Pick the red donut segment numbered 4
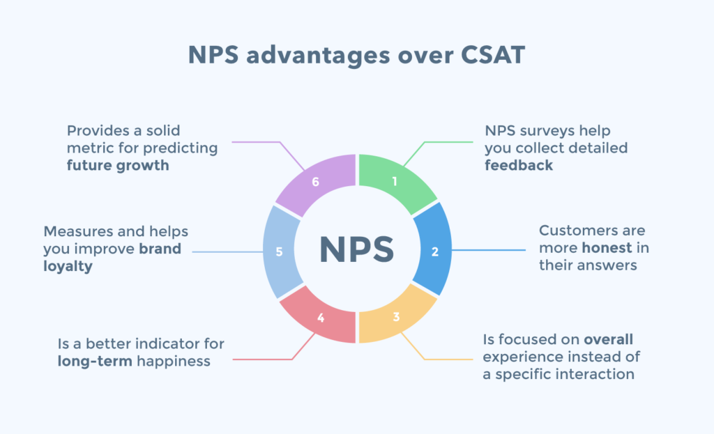(321, 318)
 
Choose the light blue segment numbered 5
(280, 251)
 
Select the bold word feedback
(519, 165)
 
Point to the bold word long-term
(93, 361)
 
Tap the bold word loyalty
(68, 265)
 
